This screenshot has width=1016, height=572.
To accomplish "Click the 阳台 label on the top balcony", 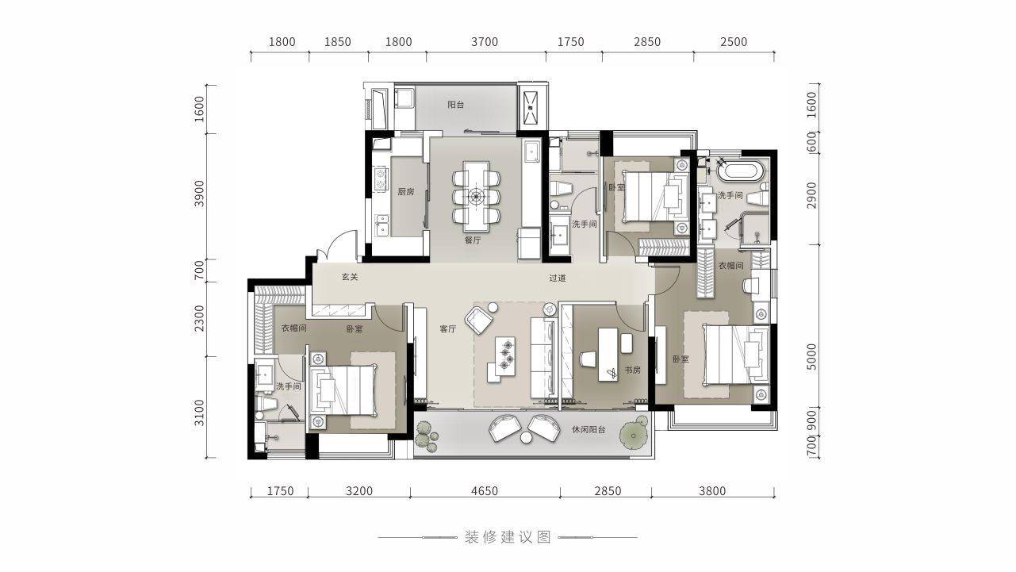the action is click(455, 105).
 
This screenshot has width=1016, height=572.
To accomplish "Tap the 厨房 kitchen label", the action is click(406, 192).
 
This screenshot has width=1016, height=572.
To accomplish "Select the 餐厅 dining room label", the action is click(473, 240).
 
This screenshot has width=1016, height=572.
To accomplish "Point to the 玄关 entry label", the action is click(350, 277).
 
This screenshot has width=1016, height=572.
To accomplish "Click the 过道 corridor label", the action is click(558, 278).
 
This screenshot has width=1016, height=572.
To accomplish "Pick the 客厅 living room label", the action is click(447, 329).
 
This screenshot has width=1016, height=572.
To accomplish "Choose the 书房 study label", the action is click(632, 370).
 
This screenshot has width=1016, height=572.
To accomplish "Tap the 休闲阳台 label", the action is click(589, 429).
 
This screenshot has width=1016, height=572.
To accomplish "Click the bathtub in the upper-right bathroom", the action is click(741, 171).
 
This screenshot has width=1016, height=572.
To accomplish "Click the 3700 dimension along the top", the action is click(485, 42).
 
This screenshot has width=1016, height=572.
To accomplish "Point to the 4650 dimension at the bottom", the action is click(485, 491).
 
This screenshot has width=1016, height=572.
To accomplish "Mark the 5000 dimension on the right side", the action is click(812, 357).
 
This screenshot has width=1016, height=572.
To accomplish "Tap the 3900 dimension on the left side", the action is click(199, 194).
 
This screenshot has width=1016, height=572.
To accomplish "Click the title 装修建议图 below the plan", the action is click(508, 538).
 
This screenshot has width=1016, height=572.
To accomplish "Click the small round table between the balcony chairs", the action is click(526, 437).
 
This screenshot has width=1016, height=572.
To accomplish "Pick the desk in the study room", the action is click(608, 355).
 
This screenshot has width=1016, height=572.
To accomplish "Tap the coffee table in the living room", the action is click(504, 356).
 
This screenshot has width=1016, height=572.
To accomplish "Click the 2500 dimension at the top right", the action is click(734, 42).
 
